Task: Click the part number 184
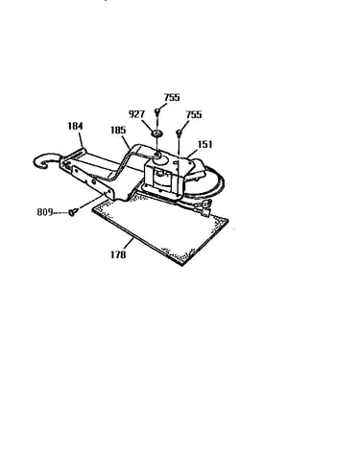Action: (x=75, y=126)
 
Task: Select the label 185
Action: (x=118, y=131)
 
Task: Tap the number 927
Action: (x=136, y=114)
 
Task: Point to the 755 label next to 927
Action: (x=172, y=97)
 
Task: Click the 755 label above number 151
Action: (x=194, y=114)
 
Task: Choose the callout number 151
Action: (x=204, y=144)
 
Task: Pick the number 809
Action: (x=45, y=212)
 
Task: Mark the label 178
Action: (x=118, y=254)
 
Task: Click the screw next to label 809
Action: (x=73, y=211)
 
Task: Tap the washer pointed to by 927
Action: (x=157, y=132)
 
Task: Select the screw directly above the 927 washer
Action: (x=157, y=111)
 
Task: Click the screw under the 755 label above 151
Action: (x=179, y=132)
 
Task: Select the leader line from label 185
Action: (x=126, y=141)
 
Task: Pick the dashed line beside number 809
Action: (x=60, y=212)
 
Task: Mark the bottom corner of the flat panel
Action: (x=183, y=265)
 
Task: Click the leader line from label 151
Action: (x=193, y=154)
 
